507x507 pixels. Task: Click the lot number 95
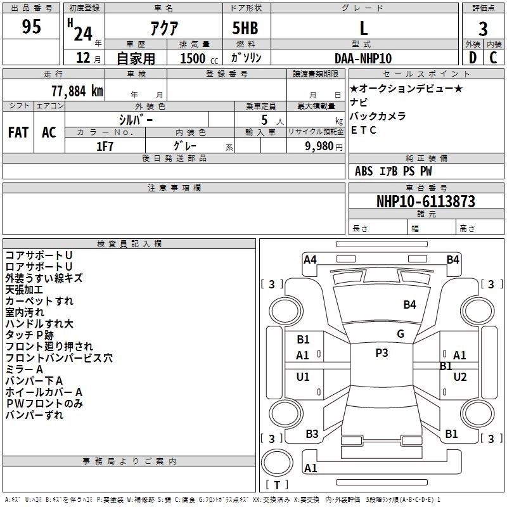pos(31,26)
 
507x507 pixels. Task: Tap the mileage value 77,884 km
pos(77,91)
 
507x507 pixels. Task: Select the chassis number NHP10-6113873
pos(426,202)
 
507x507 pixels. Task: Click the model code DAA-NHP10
pos(363,58)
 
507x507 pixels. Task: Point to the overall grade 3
pos(483,29)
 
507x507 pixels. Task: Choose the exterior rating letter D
pos(473,58)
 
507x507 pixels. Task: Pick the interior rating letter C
pos(493,58)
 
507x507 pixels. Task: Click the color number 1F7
pos(105,146)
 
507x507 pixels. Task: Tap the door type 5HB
pos(245,28)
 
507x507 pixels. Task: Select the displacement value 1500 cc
pos(199,58)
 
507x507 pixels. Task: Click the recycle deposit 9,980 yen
pos(324,146)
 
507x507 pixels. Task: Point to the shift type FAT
pos(18,132)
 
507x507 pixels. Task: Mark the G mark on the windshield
pos(401,334)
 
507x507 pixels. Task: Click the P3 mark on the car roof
pos(382,353)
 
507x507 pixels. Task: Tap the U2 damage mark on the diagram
pos(460,377)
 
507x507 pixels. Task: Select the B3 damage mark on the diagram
pos(312,434)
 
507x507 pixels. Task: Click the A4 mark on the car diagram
pos(310,260)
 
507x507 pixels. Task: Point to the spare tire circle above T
pos(277,463)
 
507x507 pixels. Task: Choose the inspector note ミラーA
pos(24,369)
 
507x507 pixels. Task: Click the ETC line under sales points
pos(363,130)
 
